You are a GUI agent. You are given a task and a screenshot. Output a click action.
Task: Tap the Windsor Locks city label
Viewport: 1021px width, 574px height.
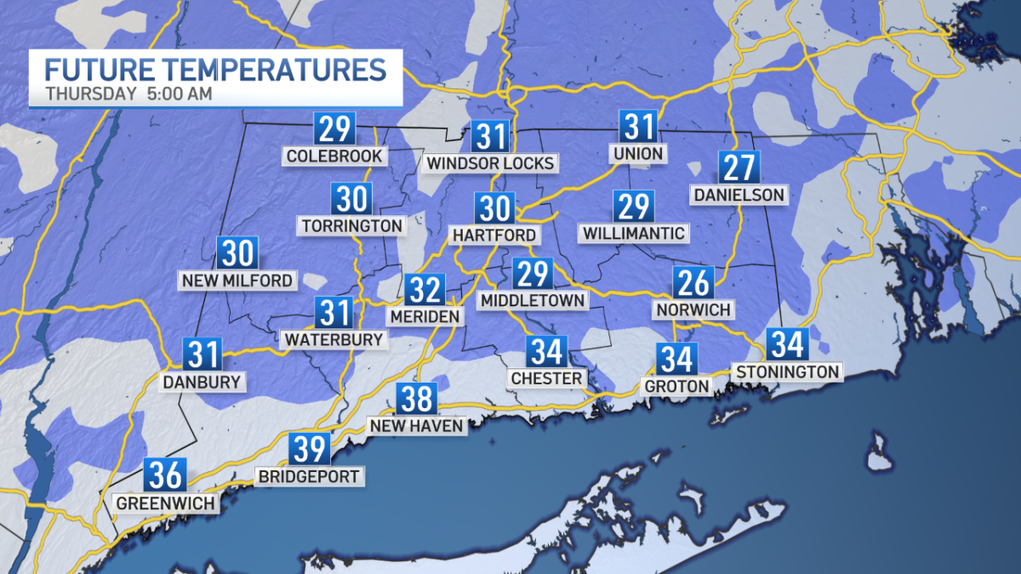[x=491, y=162]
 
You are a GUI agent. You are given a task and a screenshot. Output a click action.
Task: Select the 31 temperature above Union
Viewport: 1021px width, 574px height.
[x=639, y=127]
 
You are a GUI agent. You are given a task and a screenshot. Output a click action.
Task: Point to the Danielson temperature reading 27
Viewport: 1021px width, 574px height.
[x=738, y=168]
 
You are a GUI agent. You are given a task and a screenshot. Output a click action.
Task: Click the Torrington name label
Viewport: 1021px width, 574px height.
[x=351, y=226]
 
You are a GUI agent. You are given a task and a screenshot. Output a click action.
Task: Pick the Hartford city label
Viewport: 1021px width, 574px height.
[x=495, y=235]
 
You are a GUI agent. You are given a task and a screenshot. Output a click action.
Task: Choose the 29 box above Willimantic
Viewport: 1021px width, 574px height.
[x=633, y=207]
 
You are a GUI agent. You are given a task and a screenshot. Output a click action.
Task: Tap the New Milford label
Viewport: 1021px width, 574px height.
[x=237, y=281]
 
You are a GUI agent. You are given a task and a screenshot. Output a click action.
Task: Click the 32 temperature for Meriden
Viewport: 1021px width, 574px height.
[x=425, y=290]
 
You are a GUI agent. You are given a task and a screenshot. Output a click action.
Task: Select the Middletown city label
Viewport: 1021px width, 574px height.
[x=533, y=300]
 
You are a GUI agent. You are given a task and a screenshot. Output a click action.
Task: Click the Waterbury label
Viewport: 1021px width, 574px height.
[x=334, y=339]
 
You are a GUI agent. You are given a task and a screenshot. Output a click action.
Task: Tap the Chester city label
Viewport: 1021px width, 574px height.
[x=546, y=378]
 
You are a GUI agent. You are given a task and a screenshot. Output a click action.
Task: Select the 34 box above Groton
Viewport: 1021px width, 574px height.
[x=676, y=359]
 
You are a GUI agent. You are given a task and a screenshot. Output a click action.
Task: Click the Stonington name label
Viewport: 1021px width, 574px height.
[x=788, y=372]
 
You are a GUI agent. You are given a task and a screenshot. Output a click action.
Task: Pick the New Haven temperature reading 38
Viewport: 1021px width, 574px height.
[x=416, y=399]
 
